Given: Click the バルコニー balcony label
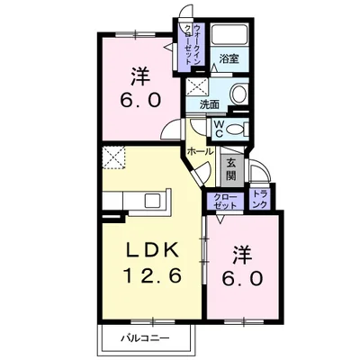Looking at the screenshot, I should click(x=146, y=340).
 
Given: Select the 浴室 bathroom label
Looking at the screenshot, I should click(x=229, y=59).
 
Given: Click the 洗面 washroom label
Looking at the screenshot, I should click(x=209, y=103).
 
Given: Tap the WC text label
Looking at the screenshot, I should click(x=218, y=129).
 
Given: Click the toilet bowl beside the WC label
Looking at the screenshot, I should click(x=236, y=130).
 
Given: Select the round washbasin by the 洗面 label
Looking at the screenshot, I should click(x=238, y=94).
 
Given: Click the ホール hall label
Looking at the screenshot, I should click(x=199, y=153).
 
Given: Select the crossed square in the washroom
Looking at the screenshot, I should click(x=195, y=89).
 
